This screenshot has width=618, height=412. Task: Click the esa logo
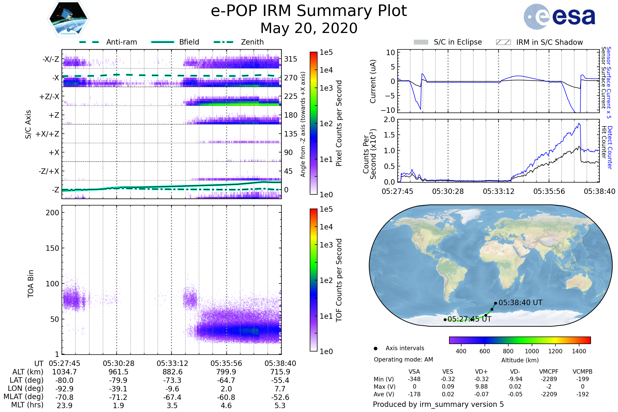pyautogui.click(x=560, y=16)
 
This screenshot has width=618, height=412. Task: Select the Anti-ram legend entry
pyautogui.click(x=121, y=42)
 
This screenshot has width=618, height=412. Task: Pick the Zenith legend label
pyautogui.click(x=252, y=42)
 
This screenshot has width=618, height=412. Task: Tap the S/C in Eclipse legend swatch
pyautogui.click(x=421, y=42)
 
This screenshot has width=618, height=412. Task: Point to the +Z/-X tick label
pyautogui.click(x=49, y=97)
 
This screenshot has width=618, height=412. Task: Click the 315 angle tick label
pyautogui.click(x=291, y=59)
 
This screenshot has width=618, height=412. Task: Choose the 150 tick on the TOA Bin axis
pyautogui.click(x=52, y=248)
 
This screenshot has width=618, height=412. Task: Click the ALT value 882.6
pyautogui.click(x=172, y=372)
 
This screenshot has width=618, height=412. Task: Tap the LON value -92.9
pyautogui.click(x=64, y=389)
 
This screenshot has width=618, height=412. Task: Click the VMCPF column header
pyautogui.click(x=549, y=372)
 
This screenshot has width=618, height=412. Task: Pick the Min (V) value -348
pyautogui.click(x=414, y=379)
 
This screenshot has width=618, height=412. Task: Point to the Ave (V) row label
pyautogui.click(x=384, y=394)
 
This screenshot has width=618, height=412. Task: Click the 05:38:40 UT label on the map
pyautogui.click(x=520, y=303)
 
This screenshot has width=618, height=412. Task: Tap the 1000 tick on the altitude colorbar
pyautogui.click(x=532, y=351)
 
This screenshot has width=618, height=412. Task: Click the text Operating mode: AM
pyautogui.click(x=403, y=359)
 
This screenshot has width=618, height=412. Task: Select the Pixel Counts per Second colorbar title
pyautogui.click(x=339, y=123)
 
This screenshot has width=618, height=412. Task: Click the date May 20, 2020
pyautogui.click(x=309, y=28)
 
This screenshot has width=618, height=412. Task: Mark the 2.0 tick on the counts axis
pyautogui.click(x=389, y=120)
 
